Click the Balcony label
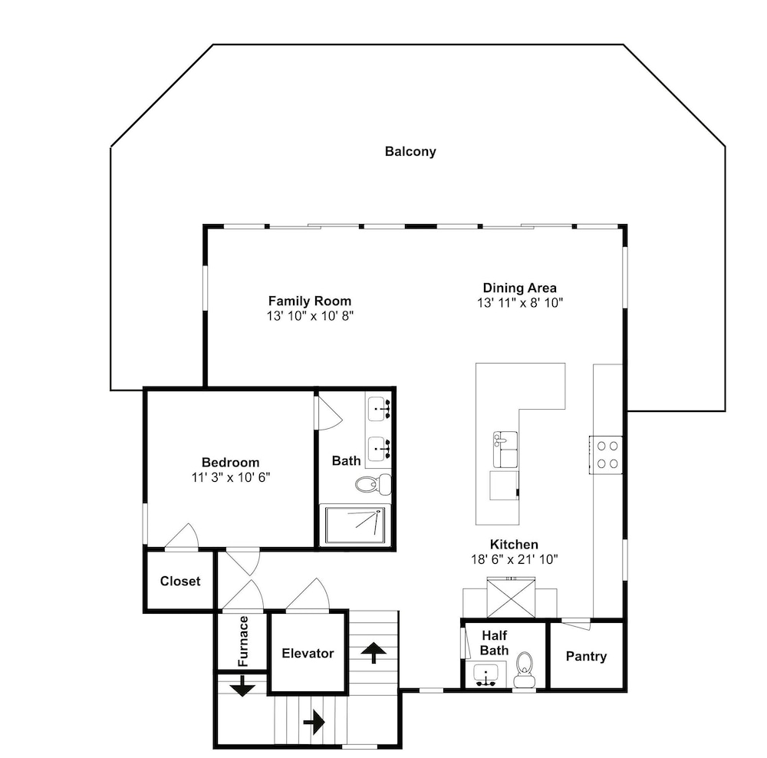410,152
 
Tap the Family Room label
310,301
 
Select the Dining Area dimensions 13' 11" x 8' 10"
520,303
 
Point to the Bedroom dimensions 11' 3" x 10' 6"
231,477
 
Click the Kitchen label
514,545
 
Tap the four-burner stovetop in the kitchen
606,455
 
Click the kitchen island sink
505,450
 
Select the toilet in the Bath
373,484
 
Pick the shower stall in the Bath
355,526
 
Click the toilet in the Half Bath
525,670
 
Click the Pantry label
586,656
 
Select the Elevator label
308,654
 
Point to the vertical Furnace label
243,641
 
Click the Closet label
180,582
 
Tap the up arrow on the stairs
374,652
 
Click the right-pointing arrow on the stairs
314,722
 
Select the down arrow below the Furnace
242,686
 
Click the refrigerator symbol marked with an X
511,598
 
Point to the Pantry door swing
576,625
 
